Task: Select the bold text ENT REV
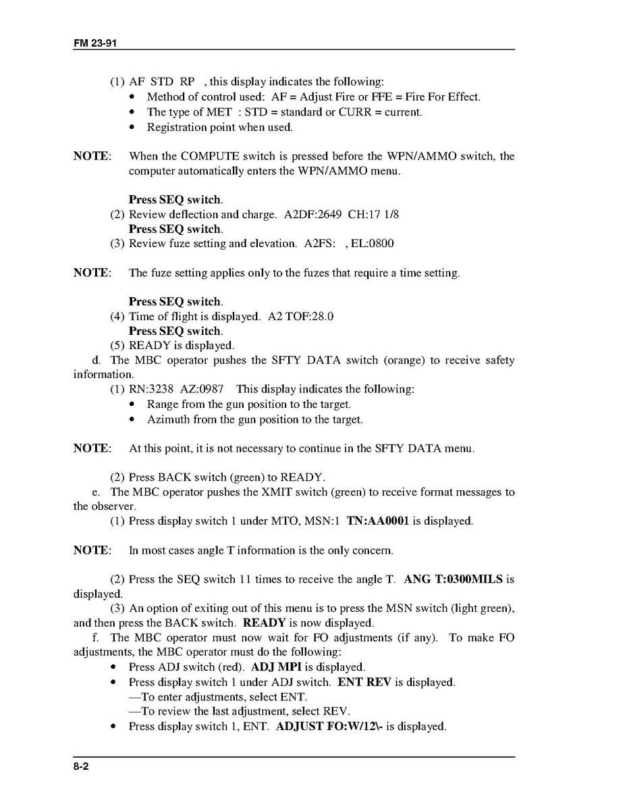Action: pyautogui.click(x=364, y=682)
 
